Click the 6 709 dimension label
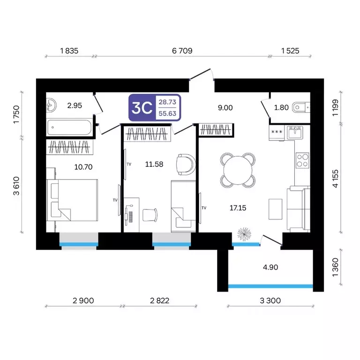(x=182, y=51)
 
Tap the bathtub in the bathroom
(x=69, y=127)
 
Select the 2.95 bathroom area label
(x=75, y=105)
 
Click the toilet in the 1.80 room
(x=301, y=107)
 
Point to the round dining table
(x=238, y=170)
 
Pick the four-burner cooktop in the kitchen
(x=302, y=160)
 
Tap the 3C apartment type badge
(x=142, y=108)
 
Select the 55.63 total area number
(x=167, y=113)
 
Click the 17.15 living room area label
(x=238, y=208)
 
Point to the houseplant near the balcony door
(x=244, y=234)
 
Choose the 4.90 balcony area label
(x=270, y=267)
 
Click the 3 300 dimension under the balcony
(x=270, y=300)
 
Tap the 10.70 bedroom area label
(x=83, y=167)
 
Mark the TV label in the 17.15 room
(x=204, y=208)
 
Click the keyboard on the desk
(x=131, y=217)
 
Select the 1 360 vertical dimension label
(x=336, y=267)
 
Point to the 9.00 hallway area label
(x=225, y=108)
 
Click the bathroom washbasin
(x=51, y=105)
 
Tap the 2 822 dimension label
(x=159, y=300)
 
